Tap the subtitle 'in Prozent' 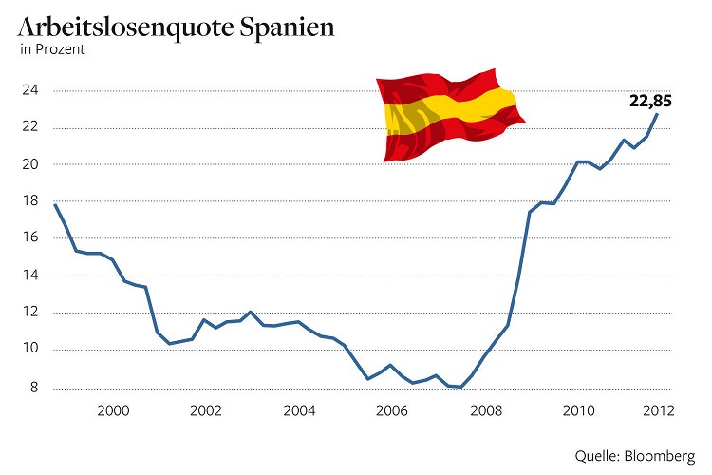pos(52,50)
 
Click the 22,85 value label pos(650,101)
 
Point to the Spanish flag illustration pos(450,115)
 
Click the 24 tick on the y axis pos(31,91)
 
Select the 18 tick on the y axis pos(31,201)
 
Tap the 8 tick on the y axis pos(35,387)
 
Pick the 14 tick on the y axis pos(31,275)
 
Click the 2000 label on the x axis pos(113,410)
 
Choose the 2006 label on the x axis pos(391,410)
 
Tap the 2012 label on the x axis pos(657,410)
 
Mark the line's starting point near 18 pos(55,204)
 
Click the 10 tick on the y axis pos(31,349)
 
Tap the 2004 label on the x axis pos(298,410)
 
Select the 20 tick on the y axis pos(31,164)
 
